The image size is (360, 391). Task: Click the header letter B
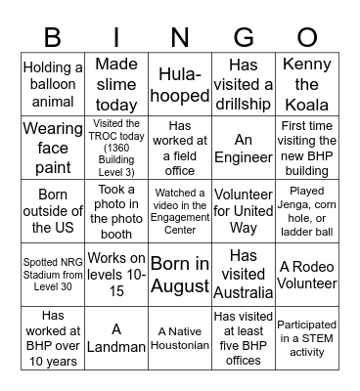[x=54, y=36]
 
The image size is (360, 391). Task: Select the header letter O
[x=305, y=36]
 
